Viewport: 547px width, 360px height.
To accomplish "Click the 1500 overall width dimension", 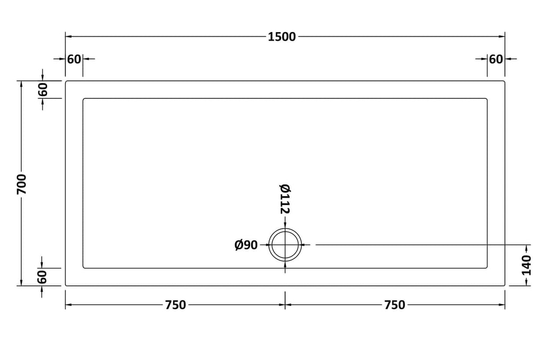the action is coord(282,37).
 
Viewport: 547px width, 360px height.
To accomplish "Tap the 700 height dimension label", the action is coord(21,184).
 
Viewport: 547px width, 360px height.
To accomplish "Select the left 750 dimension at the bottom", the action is coord(175,305).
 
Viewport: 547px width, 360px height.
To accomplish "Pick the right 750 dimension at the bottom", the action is coord(395,305).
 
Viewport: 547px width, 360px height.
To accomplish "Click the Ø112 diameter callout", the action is coord(285,199).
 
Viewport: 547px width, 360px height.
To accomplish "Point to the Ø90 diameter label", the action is coord(246,245).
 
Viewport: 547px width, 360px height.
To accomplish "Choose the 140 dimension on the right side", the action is coord(526,265).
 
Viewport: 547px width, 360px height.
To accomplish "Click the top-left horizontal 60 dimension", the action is coord(74,59).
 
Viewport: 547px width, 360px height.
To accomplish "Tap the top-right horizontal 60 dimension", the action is coord(496,59).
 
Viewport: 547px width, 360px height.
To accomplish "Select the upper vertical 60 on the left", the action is coord(43,90).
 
